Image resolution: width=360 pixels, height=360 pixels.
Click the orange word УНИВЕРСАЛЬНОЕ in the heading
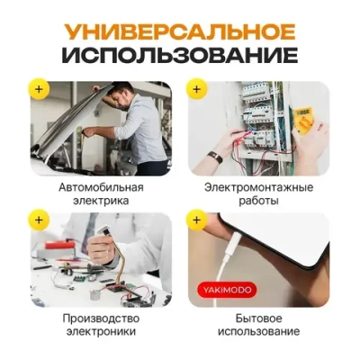click(180, 31)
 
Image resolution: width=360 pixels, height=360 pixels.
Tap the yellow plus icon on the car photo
click(38, 89)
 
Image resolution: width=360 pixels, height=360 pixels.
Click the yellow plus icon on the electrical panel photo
click(197, 89)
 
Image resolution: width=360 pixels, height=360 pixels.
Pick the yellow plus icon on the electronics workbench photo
click(38, 220)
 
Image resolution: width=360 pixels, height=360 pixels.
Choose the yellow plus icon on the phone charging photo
click(197, 220)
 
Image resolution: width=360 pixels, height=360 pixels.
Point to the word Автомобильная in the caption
click(100, 186)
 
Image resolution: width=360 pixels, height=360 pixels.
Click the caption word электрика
click(100, 202)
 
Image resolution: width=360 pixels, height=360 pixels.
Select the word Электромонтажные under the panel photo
click(258, 186)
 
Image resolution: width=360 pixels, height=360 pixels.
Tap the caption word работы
click(258, 202)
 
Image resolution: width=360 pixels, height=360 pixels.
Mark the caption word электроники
click(100, 332)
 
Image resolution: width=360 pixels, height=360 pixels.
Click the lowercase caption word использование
click(258, 332)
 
